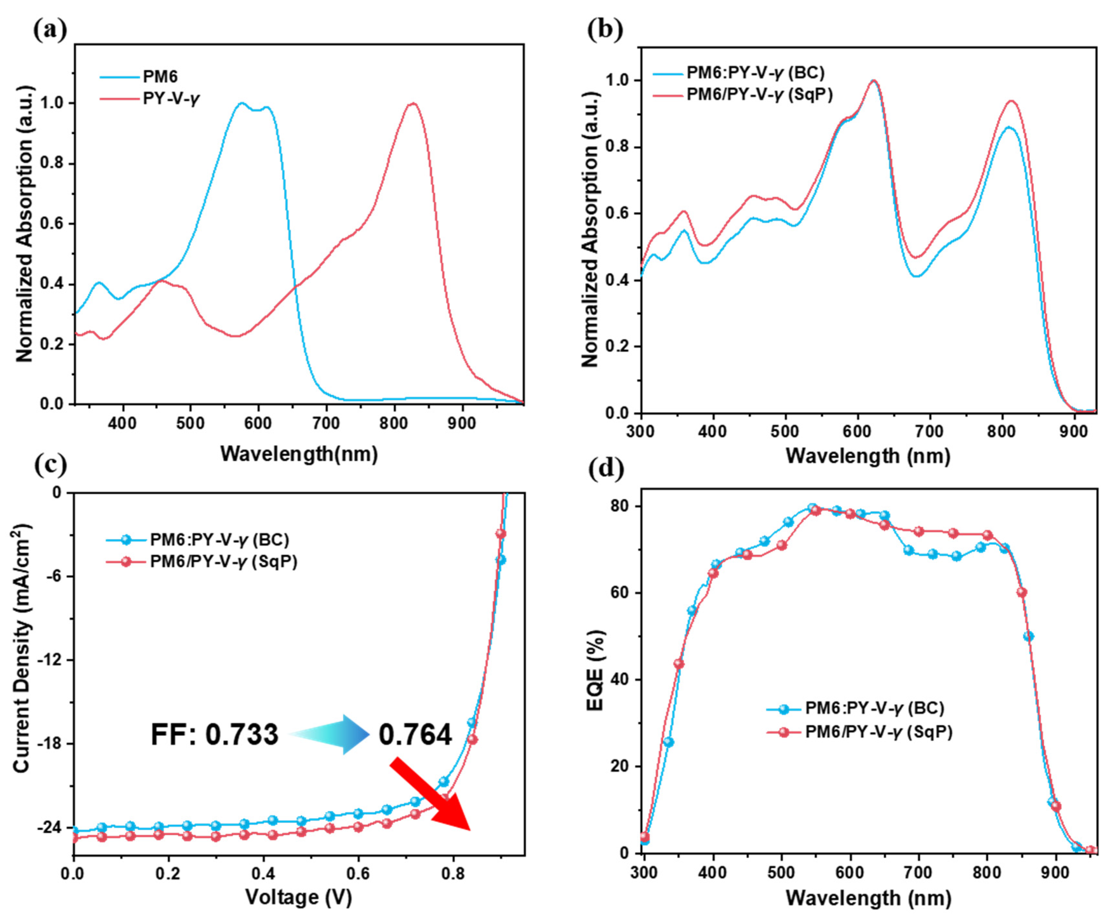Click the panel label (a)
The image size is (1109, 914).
(x=50, y=30)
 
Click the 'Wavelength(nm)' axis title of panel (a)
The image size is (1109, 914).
(x=298, y=453)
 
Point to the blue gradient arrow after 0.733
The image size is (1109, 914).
(x=332, y=734)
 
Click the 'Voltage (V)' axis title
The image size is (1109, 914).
(x=298, y=897)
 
